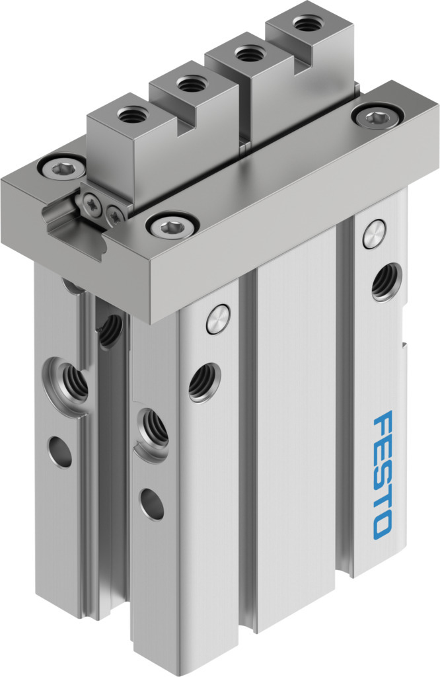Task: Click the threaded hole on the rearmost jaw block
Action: [306, 23]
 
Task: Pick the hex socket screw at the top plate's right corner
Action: [377, 116]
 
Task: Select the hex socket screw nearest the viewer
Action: [172, 225]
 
